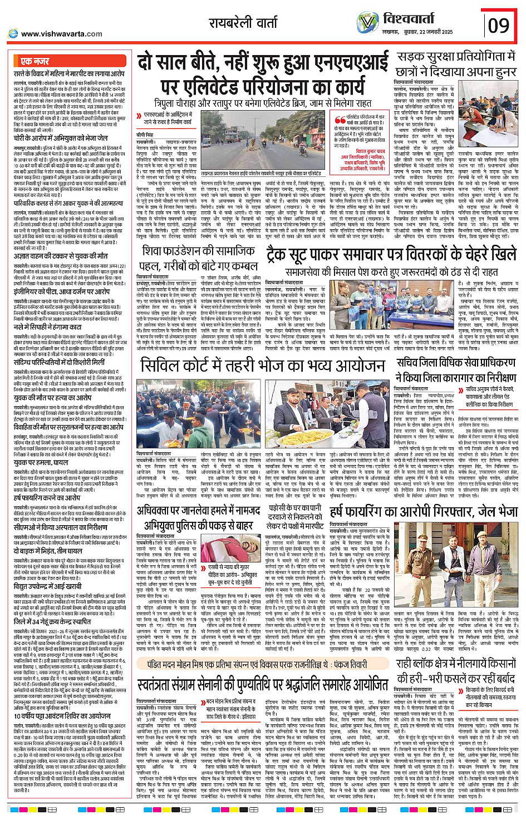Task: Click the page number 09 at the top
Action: tap(498, 25)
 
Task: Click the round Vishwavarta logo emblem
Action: tap(367, 23)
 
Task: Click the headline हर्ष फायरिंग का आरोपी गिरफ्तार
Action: tap(424, 511)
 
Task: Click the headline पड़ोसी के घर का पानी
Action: tap(295, 516)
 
